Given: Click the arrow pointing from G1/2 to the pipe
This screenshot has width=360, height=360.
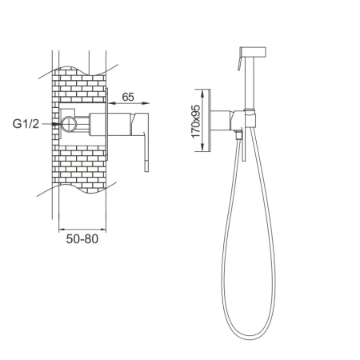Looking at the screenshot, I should point(56,125).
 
